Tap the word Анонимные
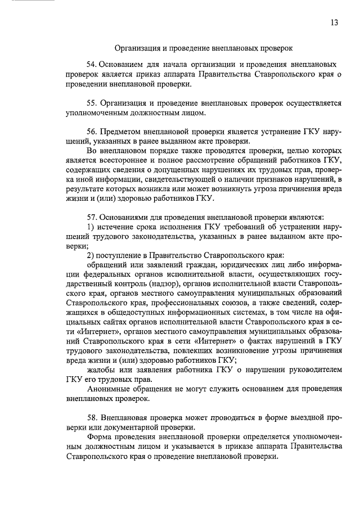110,389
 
